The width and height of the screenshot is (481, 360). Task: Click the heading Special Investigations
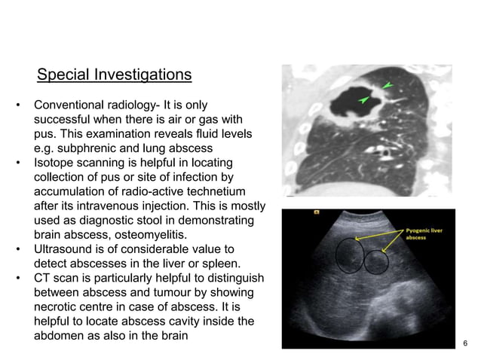114,75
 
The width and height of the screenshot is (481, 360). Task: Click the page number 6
465,344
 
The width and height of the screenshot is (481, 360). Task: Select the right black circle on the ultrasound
375,261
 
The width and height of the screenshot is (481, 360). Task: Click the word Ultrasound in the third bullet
66,249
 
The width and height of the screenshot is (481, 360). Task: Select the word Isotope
55,162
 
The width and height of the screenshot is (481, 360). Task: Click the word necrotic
58,307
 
